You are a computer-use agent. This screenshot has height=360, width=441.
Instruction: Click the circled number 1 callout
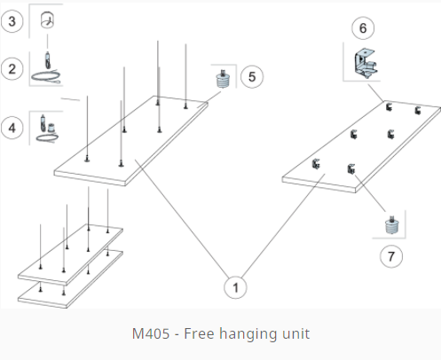(235, 287)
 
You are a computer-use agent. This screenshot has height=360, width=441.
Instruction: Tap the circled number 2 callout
(12, 69)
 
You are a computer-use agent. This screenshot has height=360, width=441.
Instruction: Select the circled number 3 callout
(12, 21)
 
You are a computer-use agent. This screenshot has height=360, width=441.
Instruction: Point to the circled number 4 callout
(12, 128)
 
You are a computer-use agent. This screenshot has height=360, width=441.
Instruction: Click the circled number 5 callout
(252, 77)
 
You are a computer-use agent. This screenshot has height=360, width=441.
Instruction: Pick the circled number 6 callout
(363, 28)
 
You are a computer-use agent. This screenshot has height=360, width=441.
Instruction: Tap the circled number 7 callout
(391, 256)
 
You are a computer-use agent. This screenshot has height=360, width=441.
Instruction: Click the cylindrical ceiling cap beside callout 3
(47, 20)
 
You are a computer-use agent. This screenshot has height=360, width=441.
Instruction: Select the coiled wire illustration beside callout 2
(46, 69)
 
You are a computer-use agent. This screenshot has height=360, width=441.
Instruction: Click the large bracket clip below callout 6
(366, 63)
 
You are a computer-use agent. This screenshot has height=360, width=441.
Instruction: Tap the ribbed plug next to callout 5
(223, 79)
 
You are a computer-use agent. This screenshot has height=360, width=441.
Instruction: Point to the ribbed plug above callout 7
(392, 225)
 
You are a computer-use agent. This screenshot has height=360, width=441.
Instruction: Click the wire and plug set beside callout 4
(47, 129)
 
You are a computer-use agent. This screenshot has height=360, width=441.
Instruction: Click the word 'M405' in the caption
(151, 333)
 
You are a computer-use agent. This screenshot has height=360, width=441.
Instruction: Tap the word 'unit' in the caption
(296, 333)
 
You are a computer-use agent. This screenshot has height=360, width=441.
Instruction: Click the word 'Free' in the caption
(199, 333)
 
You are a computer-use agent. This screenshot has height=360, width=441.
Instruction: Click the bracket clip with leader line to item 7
(351, 169)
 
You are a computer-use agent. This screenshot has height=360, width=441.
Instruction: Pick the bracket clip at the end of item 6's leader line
(389, 107)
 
